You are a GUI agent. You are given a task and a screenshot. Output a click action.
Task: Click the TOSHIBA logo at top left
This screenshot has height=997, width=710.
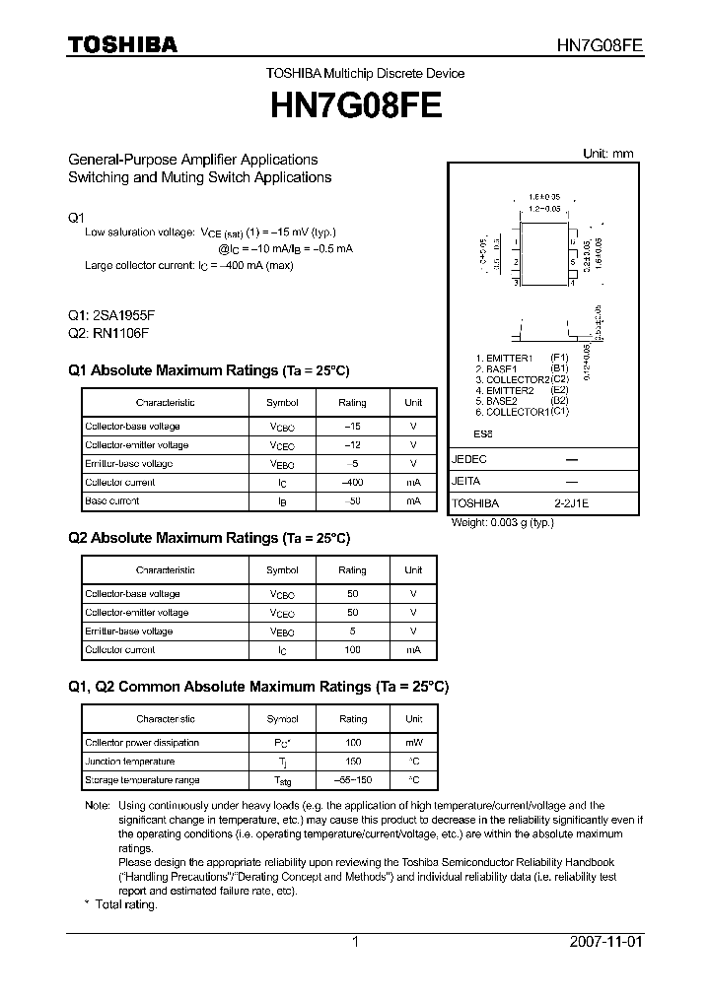(x=122, y=44)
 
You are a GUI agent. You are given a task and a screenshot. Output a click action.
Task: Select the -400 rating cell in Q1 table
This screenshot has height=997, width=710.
(x=352, y=483)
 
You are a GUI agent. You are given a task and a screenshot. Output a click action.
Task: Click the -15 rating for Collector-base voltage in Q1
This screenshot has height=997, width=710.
(x=352, y=427)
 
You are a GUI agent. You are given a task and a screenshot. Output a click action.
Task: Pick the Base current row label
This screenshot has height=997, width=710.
(x=112, y=501)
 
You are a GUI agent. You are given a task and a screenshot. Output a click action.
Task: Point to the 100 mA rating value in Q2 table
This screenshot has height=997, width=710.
(x=352, y=650)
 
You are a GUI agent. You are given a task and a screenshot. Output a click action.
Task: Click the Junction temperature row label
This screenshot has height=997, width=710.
(x=130, y=762)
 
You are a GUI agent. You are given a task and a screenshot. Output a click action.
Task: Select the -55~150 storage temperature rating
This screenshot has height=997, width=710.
(x=352, y=780)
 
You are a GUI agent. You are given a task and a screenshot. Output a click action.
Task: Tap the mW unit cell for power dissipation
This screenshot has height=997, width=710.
(x=413, y=743)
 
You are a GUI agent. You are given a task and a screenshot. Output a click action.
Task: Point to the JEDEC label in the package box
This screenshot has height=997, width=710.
(x=469, y=460)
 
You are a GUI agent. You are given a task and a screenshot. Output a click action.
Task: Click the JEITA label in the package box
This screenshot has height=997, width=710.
(x=467, y=482)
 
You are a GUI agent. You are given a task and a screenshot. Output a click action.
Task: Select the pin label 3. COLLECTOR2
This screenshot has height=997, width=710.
(x=512, y=379)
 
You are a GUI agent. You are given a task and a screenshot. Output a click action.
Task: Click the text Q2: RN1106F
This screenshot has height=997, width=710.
(x=108, y=333)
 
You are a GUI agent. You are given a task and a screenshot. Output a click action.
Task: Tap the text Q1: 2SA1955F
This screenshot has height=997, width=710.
(x=111, y=315)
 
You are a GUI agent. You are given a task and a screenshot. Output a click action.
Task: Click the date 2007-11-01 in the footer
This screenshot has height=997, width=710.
(x=605, y=942)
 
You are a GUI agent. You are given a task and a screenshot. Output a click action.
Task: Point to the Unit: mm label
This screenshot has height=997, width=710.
(x=608, y=154)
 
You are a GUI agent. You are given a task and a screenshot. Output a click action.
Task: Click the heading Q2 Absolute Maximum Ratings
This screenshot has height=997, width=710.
(x=208, y=538)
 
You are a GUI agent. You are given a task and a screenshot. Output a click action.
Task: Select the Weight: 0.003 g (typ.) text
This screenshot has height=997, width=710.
(x=502, y=522)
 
